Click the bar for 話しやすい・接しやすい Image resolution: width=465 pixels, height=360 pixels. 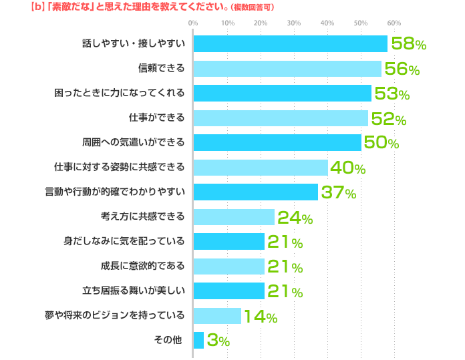point(290,43)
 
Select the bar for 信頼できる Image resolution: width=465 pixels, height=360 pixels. point(287,68)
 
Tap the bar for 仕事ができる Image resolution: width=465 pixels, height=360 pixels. point(281,118)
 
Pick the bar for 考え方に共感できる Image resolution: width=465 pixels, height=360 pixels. point(234,216)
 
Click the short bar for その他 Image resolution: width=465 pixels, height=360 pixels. point(198,340)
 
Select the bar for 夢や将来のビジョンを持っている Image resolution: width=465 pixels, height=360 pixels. point(217,315)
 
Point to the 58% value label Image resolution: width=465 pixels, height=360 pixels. point(408,44)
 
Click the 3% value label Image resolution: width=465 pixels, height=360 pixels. point(218,341)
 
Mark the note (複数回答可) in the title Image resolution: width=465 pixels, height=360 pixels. point(251,7)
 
